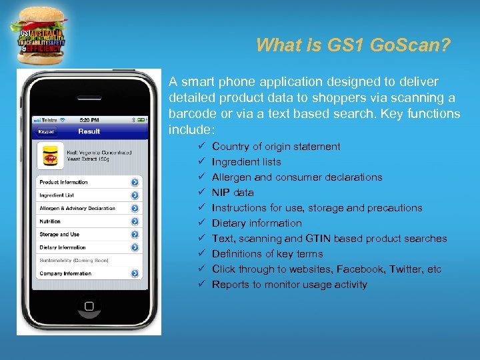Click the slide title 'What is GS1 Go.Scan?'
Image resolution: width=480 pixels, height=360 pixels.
click(x=353, y=45)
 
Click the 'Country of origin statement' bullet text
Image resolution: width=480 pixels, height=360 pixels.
click(x=276, y=147)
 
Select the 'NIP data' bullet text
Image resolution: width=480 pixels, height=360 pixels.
click(x=233, y=193)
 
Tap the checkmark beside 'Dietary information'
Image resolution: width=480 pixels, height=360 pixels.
click(x=201, y=223)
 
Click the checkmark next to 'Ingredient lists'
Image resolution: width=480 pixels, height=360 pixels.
click(x=201, y=162)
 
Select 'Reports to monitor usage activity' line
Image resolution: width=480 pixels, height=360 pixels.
click(x=289, y=285)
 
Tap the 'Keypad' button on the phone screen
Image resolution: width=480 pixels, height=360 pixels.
click(x=47, y=131)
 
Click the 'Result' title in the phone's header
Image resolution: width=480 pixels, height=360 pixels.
click(x=89, y=131)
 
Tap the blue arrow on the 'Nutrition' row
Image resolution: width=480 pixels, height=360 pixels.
click(x=135, y=221)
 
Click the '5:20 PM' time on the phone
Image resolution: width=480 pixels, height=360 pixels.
click(x=89, y=120)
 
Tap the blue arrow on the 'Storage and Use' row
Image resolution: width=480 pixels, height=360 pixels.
click(x=135, y=235)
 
